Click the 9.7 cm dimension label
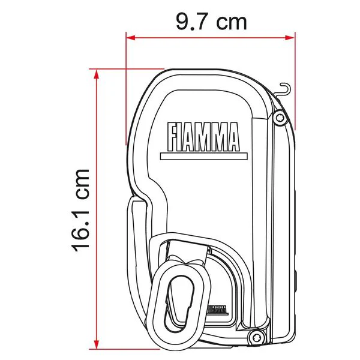click(x=211, y=22)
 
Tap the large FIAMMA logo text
click(x=203, y=137)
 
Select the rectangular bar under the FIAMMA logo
click(x=204, y=157)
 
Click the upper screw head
click(x=280, y=118)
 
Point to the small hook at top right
click(x=284, y=89)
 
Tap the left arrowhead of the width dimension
click(x=131, y=37)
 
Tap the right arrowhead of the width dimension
click(x=290, y=37)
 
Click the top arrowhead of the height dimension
click(x=97, y=74)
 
